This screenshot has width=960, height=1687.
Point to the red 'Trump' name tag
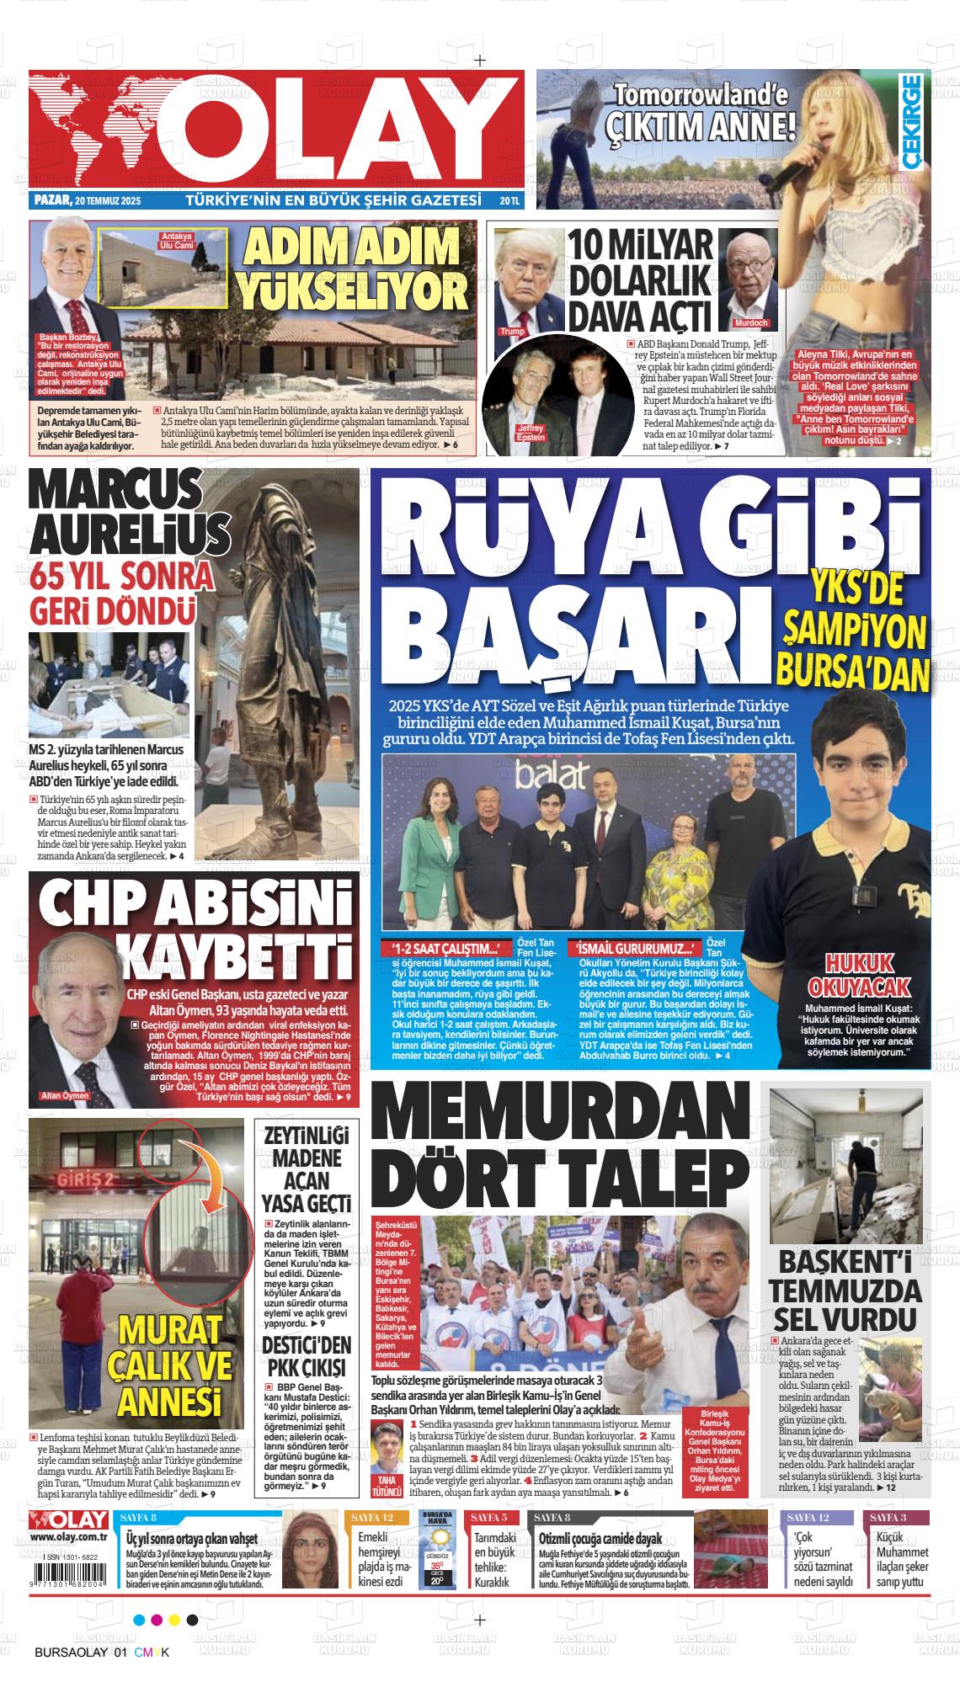tap(511, 331)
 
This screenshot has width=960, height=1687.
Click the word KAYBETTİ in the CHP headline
tap(224, 955)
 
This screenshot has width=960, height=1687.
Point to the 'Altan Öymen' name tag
tap(65, 1096)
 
